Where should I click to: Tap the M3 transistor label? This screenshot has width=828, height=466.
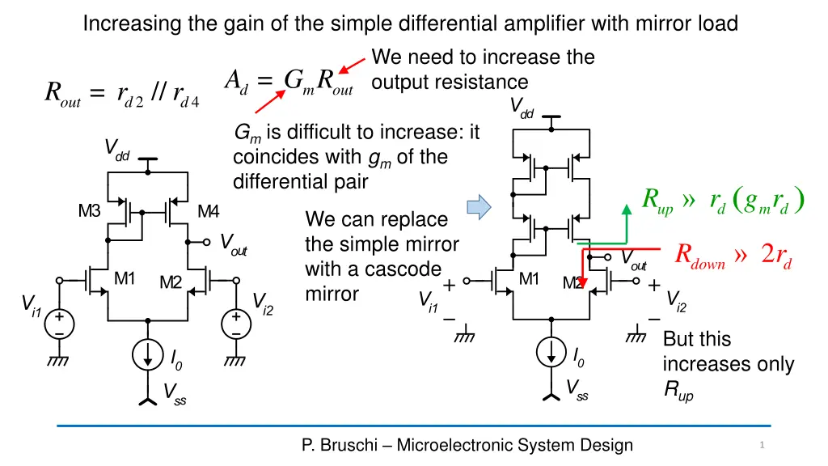pyautogui.click(x=89, y=212)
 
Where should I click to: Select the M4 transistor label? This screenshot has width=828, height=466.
pyautogui.click(x=208, y=212)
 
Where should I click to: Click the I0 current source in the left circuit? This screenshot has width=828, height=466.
pyautogui.click(x=149, y=357)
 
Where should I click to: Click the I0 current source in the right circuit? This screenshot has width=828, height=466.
pyautogui.click(x=551, y=353)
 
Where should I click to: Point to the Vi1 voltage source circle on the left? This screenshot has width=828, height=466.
pyautogui.click(x=59, y=324)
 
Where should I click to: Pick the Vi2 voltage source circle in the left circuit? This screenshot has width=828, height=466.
pyautogui.click(x=236, y=324)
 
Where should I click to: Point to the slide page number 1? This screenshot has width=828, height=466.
pyautogui.click(x=762, y=445)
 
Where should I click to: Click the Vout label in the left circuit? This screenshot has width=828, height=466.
pyautogui.click(x=234, y=244)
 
